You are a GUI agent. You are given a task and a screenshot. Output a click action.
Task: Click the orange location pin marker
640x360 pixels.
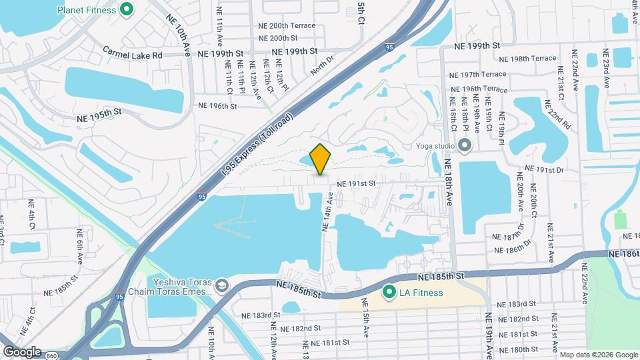pyautogui.click(x=321, y=159)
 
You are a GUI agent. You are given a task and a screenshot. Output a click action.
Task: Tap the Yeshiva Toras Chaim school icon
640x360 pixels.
pyautogui.click(x=221, y=287)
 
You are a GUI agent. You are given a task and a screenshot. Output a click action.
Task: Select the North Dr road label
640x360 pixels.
pyautogui.click(x=321, y=66)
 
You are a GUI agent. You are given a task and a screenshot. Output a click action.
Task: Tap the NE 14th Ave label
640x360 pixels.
pyautogui.click(x=326, y=212)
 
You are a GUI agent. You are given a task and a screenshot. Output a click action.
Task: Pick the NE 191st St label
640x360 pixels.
pyautogui.click(x=357, y=183)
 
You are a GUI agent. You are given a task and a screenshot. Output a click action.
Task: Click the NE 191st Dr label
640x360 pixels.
pyautogui.click(x=545, y=170)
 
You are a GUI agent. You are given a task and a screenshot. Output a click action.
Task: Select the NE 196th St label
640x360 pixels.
pyautogui.click(x=218, y=105)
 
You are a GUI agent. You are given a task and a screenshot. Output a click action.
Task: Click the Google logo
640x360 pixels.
pyautogui.click(x=22, y=351)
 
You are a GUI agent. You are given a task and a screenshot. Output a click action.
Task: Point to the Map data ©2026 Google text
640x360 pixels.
pyautogui.click(x=598, y=355)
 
